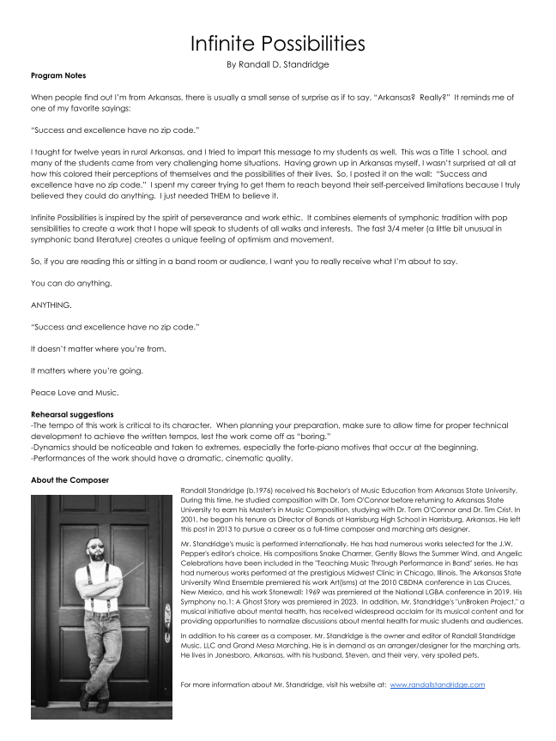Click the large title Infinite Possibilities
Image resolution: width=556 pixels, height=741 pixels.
278,43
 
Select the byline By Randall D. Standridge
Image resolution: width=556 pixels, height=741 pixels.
278,64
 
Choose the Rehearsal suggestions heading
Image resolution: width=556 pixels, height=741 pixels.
72,414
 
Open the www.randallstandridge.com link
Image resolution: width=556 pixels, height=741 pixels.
438,684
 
